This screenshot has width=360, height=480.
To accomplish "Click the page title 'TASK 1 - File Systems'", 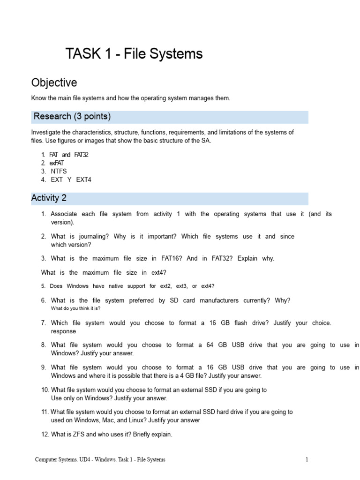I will [134, 54].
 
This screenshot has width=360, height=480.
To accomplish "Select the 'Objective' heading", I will [54, 83].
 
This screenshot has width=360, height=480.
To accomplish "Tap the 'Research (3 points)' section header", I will [72, 116].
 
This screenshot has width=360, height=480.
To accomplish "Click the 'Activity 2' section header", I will [49, 198].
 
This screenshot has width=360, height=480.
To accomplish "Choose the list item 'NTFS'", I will [59, 171].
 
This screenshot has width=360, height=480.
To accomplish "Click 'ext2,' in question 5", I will [166, 286].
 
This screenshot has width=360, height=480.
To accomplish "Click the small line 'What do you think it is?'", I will [75, 308].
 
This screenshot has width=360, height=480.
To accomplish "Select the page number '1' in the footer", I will [307, 460].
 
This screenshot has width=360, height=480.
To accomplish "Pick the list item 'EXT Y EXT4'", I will [71, 180].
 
